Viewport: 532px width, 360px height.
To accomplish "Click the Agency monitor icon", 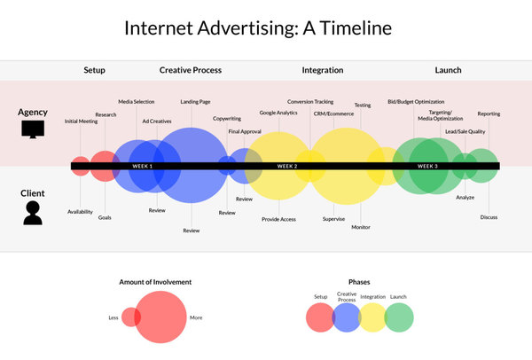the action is point(33,129).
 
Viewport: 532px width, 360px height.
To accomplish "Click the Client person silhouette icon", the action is point(33,213).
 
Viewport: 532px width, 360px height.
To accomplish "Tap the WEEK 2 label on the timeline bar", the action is point(287,166).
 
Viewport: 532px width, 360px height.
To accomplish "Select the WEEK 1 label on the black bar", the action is point(142,166).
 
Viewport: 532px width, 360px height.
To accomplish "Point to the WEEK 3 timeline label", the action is point(427,166).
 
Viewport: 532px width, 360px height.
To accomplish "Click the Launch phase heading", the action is point(448,70).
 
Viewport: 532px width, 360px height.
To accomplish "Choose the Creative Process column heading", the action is point(191,70).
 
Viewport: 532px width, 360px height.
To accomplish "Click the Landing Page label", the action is point(195,102).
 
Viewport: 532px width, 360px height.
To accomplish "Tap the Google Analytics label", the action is point(278,113).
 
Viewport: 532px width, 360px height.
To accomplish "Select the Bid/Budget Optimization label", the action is point(416,102).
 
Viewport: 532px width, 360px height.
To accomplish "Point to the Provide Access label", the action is point(278,220).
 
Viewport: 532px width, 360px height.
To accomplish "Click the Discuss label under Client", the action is point(489,217).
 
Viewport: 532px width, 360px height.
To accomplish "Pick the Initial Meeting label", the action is point(81,121).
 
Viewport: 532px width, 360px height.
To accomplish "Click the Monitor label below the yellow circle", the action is point(361,227).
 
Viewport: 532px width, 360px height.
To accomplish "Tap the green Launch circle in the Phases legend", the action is point(399,317).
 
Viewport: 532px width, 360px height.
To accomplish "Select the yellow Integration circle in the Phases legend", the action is point(372,317).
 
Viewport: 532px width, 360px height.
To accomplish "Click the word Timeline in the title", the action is point(356,27).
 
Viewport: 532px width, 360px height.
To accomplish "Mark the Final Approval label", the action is point(245,131).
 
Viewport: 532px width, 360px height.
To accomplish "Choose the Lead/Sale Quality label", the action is point(465,131).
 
